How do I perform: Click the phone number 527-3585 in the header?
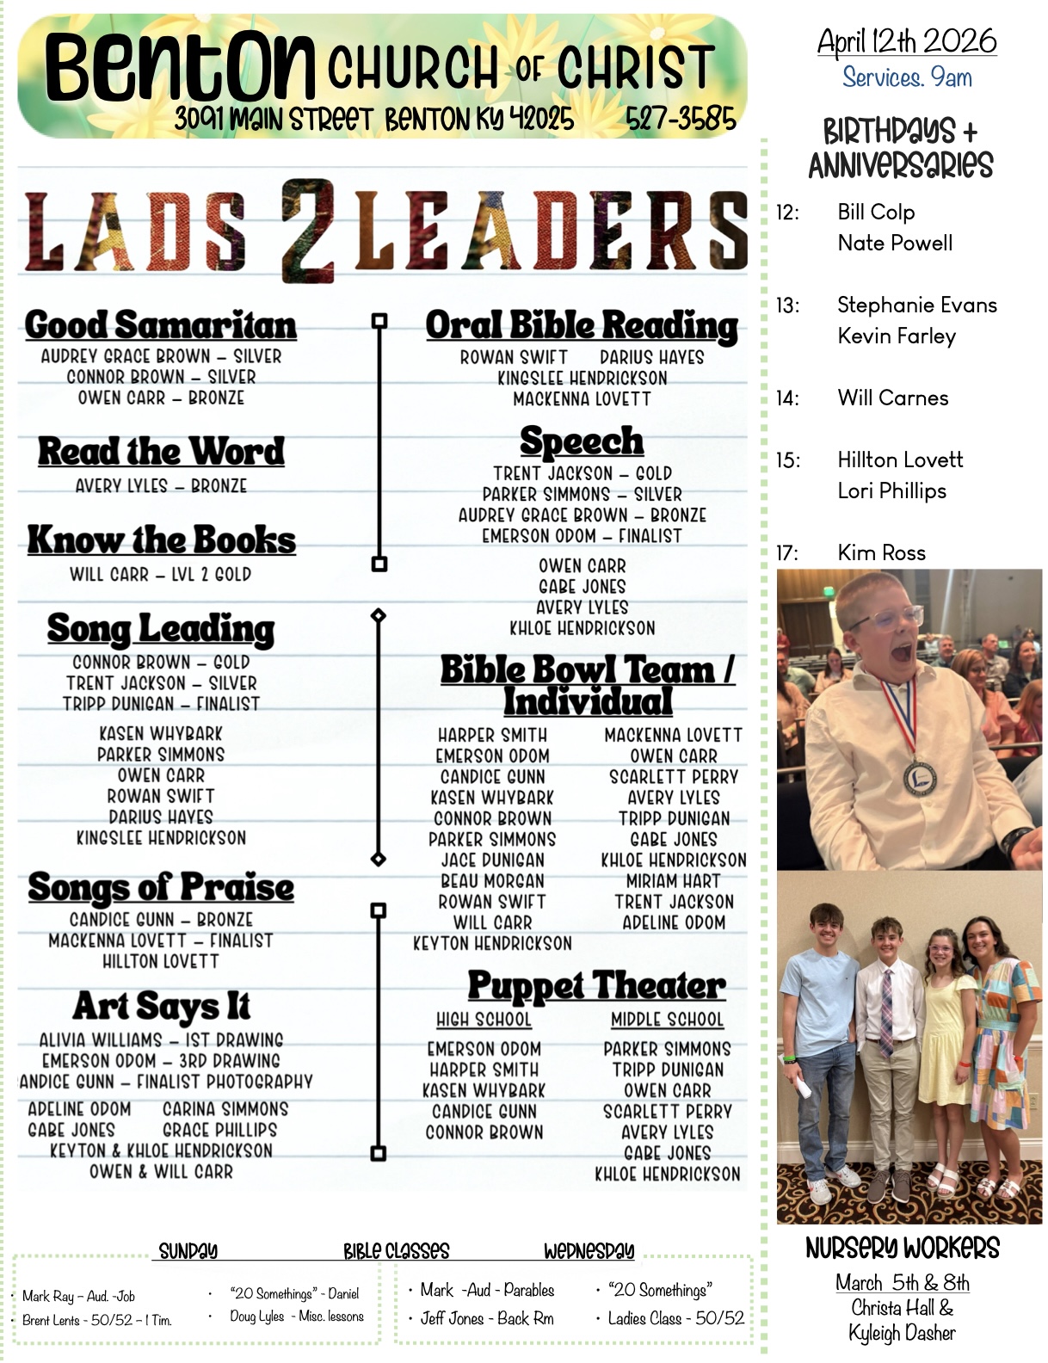(681, 118)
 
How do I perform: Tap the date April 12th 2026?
(907, 40)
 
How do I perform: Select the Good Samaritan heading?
(160, 325)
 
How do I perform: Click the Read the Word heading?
(161, 451)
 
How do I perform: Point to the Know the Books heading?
(161, 540)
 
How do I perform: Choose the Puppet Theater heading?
(596, 986)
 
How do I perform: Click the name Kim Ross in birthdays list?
(881, 552)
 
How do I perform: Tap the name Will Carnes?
(892, 398)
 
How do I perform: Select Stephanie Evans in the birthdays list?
(916, 305)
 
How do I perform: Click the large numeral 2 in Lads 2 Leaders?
(307, 230)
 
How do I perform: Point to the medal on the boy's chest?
(919, 776)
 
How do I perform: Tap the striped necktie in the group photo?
(886, 1010)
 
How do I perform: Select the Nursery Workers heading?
(902, 1248)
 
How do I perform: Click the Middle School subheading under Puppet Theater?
(667, 1020)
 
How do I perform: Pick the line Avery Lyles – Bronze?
(161, 486)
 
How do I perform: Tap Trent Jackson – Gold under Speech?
(582, 473)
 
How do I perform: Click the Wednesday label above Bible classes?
(589, 1250)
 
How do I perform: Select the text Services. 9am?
(907, 77)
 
